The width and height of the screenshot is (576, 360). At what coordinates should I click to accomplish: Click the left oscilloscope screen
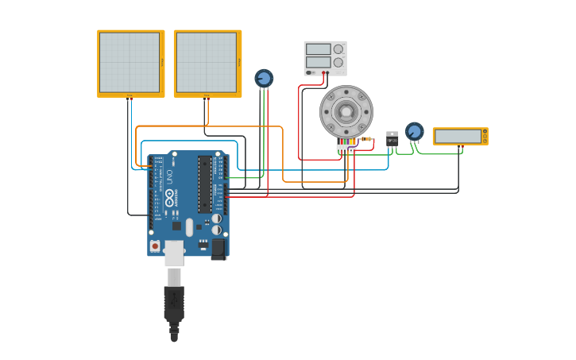[x=130, y=62]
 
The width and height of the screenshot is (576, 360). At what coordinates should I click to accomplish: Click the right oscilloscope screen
[x=206, y=62]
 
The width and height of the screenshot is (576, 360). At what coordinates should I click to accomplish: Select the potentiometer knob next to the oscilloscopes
[x=264, y=78]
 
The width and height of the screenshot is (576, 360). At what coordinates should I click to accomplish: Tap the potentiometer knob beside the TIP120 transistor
[x=414, y=130]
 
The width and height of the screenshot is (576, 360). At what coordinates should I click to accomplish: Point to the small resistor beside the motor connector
[x=366, y=139]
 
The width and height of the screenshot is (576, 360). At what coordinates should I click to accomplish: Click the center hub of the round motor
[x=346, y=111]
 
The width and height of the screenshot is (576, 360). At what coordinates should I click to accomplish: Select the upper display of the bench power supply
[x=318, y=49]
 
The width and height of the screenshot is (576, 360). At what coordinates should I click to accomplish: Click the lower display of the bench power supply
[x=318, y=61]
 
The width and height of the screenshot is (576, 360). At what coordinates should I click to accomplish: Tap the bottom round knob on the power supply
[x=338, y=61]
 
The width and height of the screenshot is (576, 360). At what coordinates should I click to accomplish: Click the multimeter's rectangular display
[x=458, y=136]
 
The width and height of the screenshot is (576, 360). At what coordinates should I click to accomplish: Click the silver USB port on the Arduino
[x=174, y=253]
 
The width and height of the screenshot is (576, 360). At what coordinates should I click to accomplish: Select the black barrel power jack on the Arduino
[x=218, y=248]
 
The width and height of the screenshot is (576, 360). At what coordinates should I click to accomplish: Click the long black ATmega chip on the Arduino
[x=205, y=184]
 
